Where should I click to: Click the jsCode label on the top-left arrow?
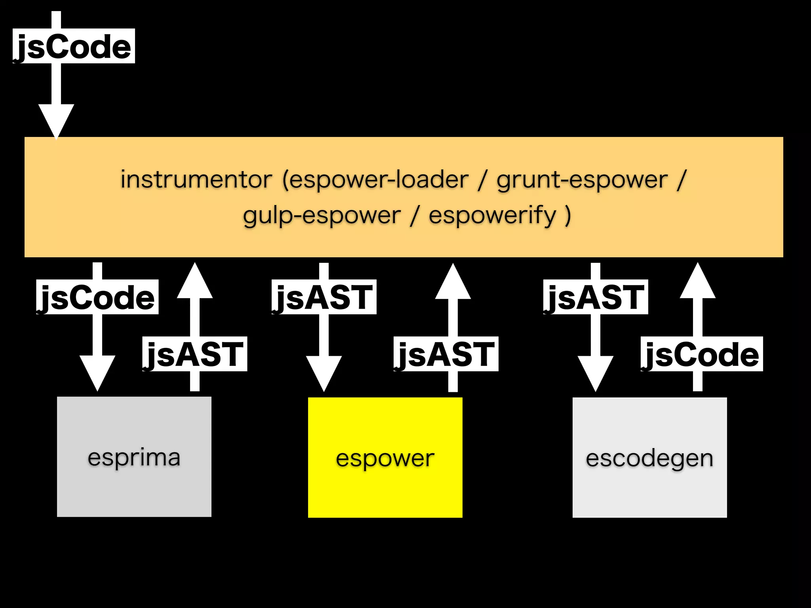click(x=74, y=46)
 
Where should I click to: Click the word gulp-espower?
click(x=322, y=215)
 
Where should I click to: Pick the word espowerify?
click(x=492, y=215)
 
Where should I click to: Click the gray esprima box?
click(x=134, y=457)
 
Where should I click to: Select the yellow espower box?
click(x=385, y=458)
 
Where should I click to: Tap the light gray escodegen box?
click(x=649, y=458)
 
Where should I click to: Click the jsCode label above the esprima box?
click(x=97, y=297)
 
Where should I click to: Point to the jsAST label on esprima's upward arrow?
click(x=194, y=354)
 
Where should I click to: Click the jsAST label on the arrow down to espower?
click(x=324, y=297)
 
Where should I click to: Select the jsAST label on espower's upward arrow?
click(x=445, y=354)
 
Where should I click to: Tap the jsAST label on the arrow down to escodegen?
click(x=595, y=297)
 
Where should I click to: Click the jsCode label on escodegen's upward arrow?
click(x=701, y=354)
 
